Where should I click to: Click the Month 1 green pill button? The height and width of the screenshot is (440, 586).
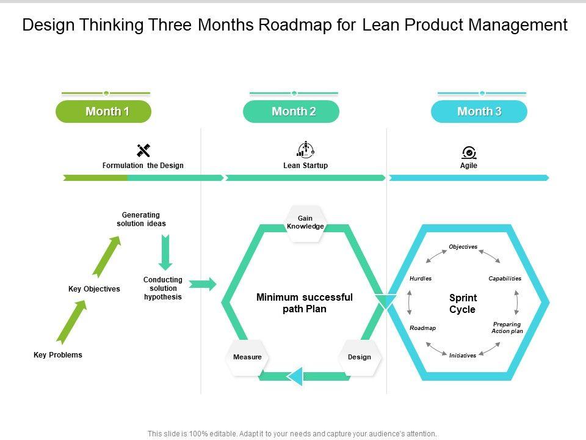click(x=103, y=111)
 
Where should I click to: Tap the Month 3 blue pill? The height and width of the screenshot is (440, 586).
click(x=479, y=111)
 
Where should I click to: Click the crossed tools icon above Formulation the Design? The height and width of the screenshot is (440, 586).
click(x=143, y=150)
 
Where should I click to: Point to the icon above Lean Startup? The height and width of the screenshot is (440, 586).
click(x=305, y=150)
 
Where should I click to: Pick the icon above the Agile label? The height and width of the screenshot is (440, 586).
click(x=469, y=152)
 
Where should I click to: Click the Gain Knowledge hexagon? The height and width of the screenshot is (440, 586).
click(x=305, y=223)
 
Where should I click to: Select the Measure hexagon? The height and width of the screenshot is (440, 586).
click(x=247, y=357)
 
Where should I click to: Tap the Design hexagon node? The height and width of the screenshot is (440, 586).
click(x=360, y=357)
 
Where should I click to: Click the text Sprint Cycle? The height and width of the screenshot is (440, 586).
click(x=463, y=304)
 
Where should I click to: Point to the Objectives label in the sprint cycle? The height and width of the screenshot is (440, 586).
click(x=463, y=247)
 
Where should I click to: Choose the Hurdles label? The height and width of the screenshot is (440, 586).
click(x=421, y=279)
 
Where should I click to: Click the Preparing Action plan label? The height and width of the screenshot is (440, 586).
click(x=507, y=328)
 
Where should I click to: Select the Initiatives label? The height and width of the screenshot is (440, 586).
click(x=463, y=356)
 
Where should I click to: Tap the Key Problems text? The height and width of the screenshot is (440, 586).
click(x=57, y=355)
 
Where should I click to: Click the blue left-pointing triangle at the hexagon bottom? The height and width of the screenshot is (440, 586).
click(x=295, y=376)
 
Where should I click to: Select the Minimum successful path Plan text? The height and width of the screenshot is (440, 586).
click(x=305, y=303)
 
